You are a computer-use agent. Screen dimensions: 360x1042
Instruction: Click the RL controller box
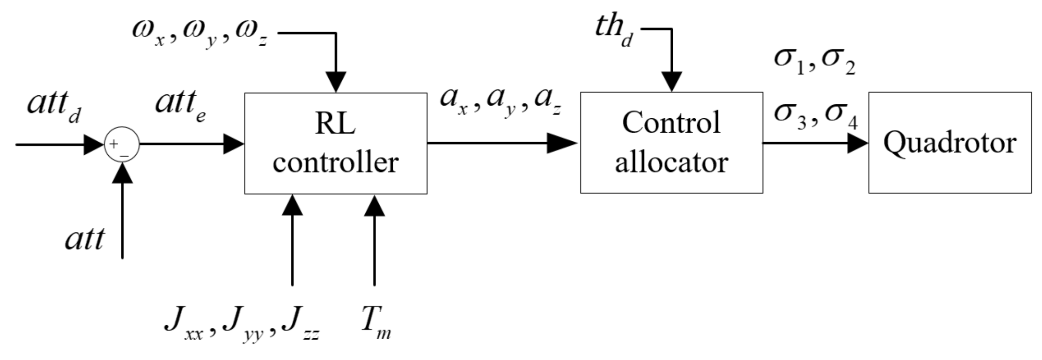click(335, 143)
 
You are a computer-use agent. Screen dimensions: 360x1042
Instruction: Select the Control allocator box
click(671, 142)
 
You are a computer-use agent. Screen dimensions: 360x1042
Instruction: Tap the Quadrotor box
click(949, 142)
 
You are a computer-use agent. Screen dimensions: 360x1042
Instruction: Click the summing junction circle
click(122, 144)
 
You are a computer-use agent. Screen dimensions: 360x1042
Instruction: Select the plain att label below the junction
click(85, 240)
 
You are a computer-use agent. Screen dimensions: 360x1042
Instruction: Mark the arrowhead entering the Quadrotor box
click(857, 143)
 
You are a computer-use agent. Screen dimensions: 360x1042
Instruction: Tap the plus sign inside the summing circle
click(114, 143)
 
